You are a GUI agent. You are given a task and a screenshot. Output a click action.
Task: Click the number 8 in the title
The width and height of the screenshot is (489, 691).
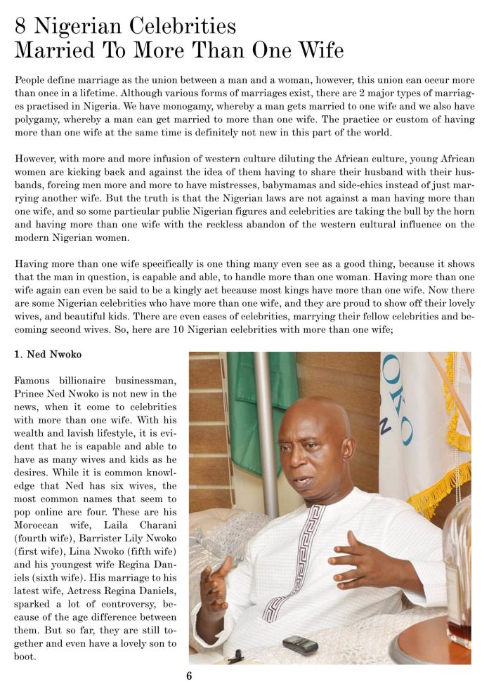point(22,27)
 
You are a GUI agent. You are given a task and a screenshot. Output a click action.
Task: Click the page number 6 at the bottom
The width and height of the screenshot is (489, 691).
point(189,676)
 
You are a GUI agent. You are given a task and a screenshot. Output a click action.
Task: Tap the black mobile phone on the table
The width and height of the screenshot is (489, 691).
point(300,645)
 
